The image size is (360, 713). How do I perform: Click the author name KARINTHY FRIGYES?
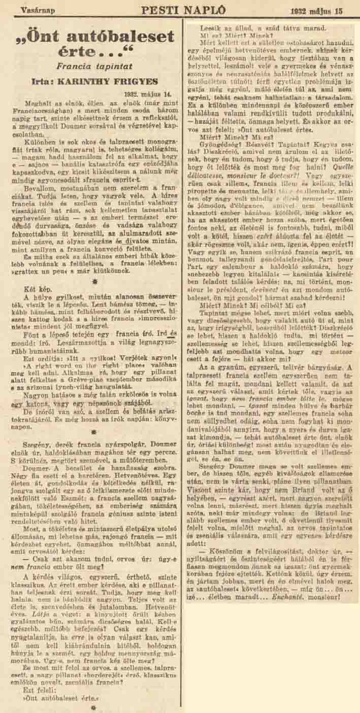click(x=119, y=80)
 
